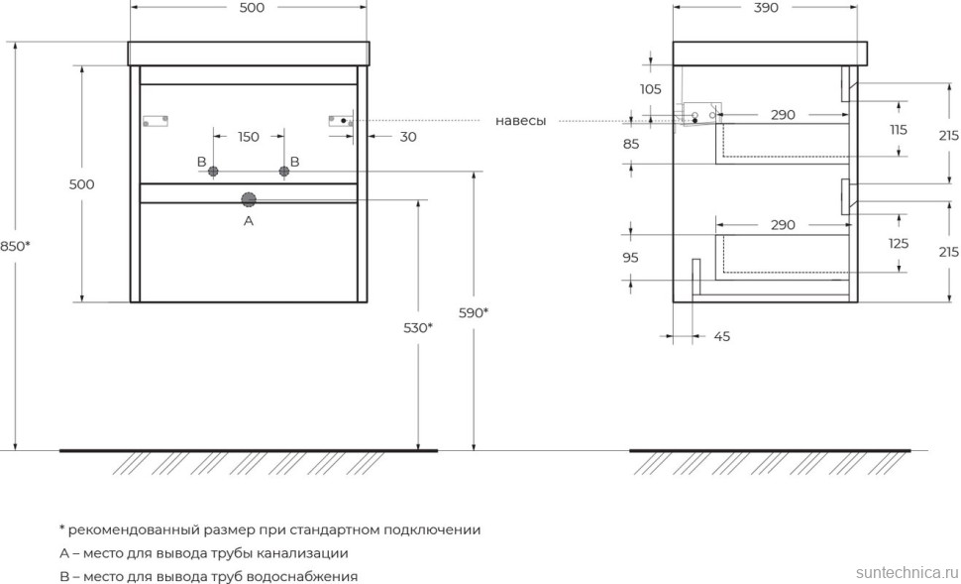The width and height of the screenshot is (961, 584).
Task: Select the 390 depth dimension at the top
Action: (x=766, y=8)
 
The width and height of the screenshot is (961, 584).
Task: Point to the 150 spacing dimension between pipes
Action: (x=248, y=137)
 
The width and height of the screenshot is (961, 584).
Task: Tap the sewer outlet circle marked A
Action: (x=249, y=198)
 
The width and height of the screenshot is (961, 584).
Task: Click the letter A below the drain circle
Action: (x=249, y=221)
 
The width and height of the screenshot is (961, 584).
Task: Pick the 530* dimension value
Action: (x=418, y=327)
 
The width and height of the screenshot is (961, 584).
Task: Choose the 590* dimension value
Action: (x=474, y=312)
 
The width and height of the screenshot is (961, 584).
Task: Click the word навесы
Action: (x=521, y=121)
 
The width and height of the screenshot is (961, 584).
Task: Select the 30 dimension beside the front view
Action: (x=408, y=137)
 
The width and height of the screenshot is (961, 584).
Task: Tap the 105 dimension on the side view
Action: (x=650, y=89)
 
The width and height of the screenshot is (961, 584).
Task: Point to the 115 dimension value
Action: (x=899, y=130)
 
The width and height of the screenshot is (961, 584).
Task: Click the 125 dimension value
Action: (x=899, y=243)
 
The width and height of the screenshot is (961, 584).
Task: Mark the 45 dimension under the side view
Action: (x=722, y=337)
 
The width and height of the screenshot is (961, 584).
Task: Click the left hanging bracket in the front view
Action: (x=157, y=121)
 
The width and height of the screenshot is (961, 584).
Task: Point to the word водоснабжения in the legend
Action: (x=306, y=576)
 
